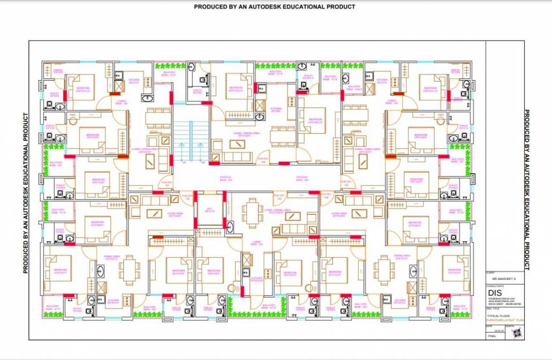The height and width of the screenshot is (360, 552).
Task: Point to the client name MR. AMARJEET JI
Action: (x=505, y=279)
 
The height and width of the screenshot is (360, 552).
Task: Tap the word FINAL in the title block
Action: (x=492, y=336)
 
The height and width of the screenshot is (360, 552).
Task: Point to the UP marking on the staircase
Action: (x=184, y=163)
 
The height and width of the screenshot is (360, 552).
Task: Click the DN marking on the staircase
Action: (x=203, y=163)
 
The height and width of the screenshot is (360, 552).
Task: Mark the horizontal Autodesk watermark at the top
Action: (x=274, y=7)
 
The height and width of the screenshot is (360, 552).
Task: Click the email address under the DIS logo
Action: (x=502, y=299)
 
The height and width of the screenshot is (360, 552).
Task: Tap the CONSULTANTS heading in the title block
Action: (x=495, y=285)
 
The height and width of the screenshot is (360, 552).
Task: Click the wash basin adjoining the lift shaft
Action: (x=229, y=227)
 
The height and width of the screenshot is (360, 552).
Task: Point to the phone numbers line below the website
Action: (x=505, y=303)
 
